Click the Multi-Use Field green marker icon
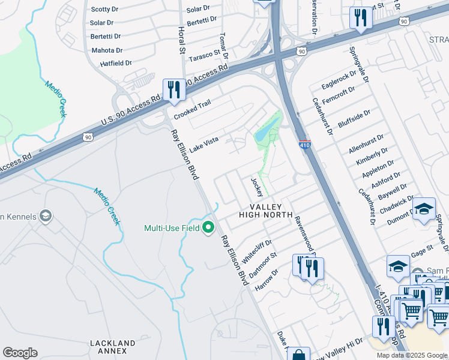(208, 227)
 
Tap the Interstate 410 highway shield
(304, 145)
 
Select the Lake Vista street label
(203, 143)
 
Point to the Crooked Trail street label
(192, 109)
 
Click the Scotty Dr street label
(104, 10)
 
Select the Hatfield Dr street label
(107, 63)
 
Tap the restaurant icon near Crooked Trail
(174, 90)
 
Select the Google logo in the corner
(20, 352)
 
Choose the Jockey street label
(257, 187)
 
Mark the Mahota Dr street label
(107, 50)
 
